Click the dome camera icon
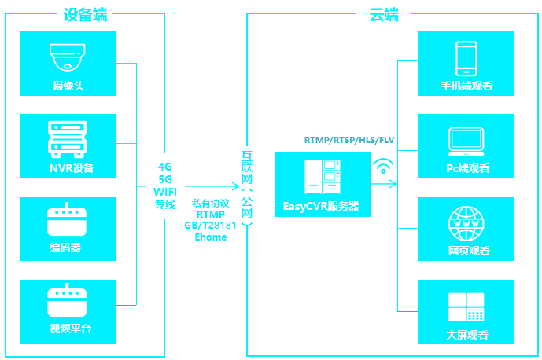(71, 57)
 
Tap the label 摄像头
(69, 85)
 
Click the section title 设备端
(85, 13)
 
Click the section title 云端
(382, 13)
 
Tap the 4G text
(165, 167)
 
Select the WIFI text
(165, 192)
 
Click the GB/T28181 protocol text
(210, 226)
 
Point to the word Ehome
(210, 237)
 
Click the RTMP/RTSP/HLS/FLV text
(349, 140)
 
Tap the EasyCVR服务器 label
(321, 207)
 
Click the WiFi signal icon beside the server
(384, 166)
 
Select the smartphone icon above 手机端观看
(466, 58)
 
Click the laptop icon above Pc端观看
(466, 140)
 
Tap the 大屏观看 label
(466, 334)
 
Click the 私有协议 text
(210, 203)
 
